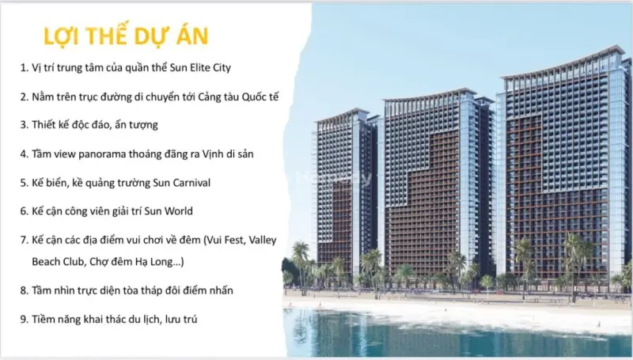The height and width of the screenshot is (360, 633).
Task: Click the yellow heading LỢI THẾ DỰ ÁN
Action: pyautogui.click(x=126, y=36)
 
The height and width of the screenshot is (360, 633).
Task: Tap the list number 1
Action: pyautogui.click(x=24, y=68)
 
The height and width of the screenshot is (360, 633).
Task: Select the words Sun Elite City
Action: pyautogui.click(x=200, y=67)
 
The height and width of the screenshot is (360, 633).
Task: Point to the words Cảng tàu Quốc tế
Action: pyautogui.click(x=238, y=97)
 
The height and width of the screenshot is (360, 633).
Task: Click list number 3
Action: pyautogui.click(x=24, y=125)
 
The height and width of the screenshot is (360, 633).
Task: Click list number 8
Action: pyautogui.click(x=24, y=290)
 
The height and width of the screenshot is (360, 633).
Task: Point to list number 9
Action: pyautogui.click(x=24, y=320)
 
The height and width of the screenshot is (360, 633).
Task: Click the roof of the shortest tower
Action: pyautogui.click(x=342, y=115)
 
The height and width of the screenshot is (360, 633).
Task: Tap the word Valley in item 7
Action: pyautogui.click(x=263, y=241)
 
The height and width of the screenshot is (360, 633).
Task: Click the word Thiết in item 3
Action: pyautogui.click(x=44, y=125)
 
